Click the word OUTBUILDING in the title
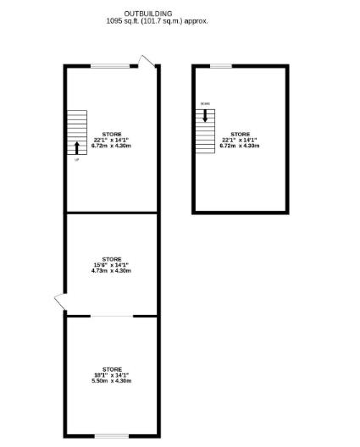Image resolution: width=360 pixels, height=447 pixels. click(x=148, y=14)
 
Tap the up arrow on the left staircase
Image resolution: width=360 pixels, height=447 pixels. click(x=78, y=146)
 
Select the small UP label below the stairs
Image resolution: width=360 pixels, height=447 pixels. click(x=77, y=159)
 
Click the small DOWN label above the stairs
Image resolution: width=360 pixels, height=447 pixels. click(x=204, y=104)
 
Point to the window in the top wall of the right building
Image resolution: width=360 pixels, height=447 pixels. click(x=221, y=66)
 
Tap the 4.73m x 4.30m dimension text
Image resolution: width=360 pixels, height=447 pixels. click(x=112, y=271)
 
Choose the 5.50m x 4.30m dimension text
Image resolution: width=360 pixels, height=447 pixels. click(x=112, y=381)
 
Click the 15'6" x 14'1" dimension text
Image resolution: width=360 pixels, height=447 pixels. click(x=112, y=265)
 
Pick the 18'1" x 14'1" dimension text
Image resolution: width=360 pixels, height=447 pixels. click(x=112, y=375)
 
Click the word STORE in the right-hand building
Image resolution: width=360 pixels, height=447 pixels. click(x=241, y=134)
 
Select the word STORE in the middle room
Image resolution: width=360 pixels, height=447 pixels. click(x=112, y=259)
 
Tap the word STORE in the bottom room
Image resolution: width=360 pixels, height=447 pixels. click(x=112, y=369)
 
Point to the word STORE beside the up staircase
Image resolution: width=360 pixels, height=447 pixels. click(x=112, y=134)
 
